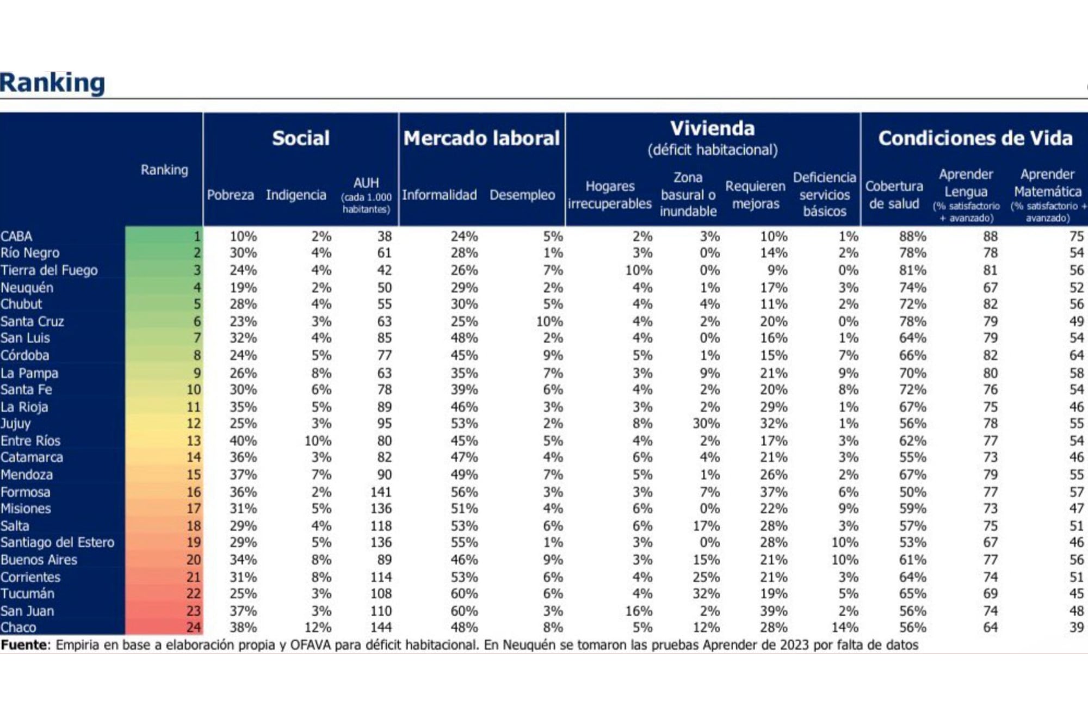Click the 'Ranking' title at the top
52,83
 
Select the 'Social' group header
301,138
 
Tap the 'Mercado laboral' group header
481,138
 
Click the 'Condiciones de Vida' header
975,138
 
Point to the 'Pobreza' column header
230,195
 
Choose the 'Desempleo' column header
522,195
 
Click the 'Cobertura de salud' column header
894,195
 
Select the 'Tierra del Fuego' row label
49,270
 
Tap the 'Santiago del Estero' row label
57,542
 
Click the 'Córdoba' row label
24,355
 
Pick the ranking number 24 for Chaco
194,627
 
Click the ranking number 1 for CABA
197,237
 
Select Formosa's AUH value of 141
381,492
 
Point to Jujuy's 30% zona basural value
706,423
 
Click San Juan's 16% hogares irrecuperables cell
639,611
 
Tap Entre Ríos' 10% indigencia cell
318,441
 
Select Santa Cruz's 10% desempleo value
549,321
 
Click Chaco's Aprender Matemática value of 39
1077,627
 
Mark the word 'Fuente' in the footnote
24,645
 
